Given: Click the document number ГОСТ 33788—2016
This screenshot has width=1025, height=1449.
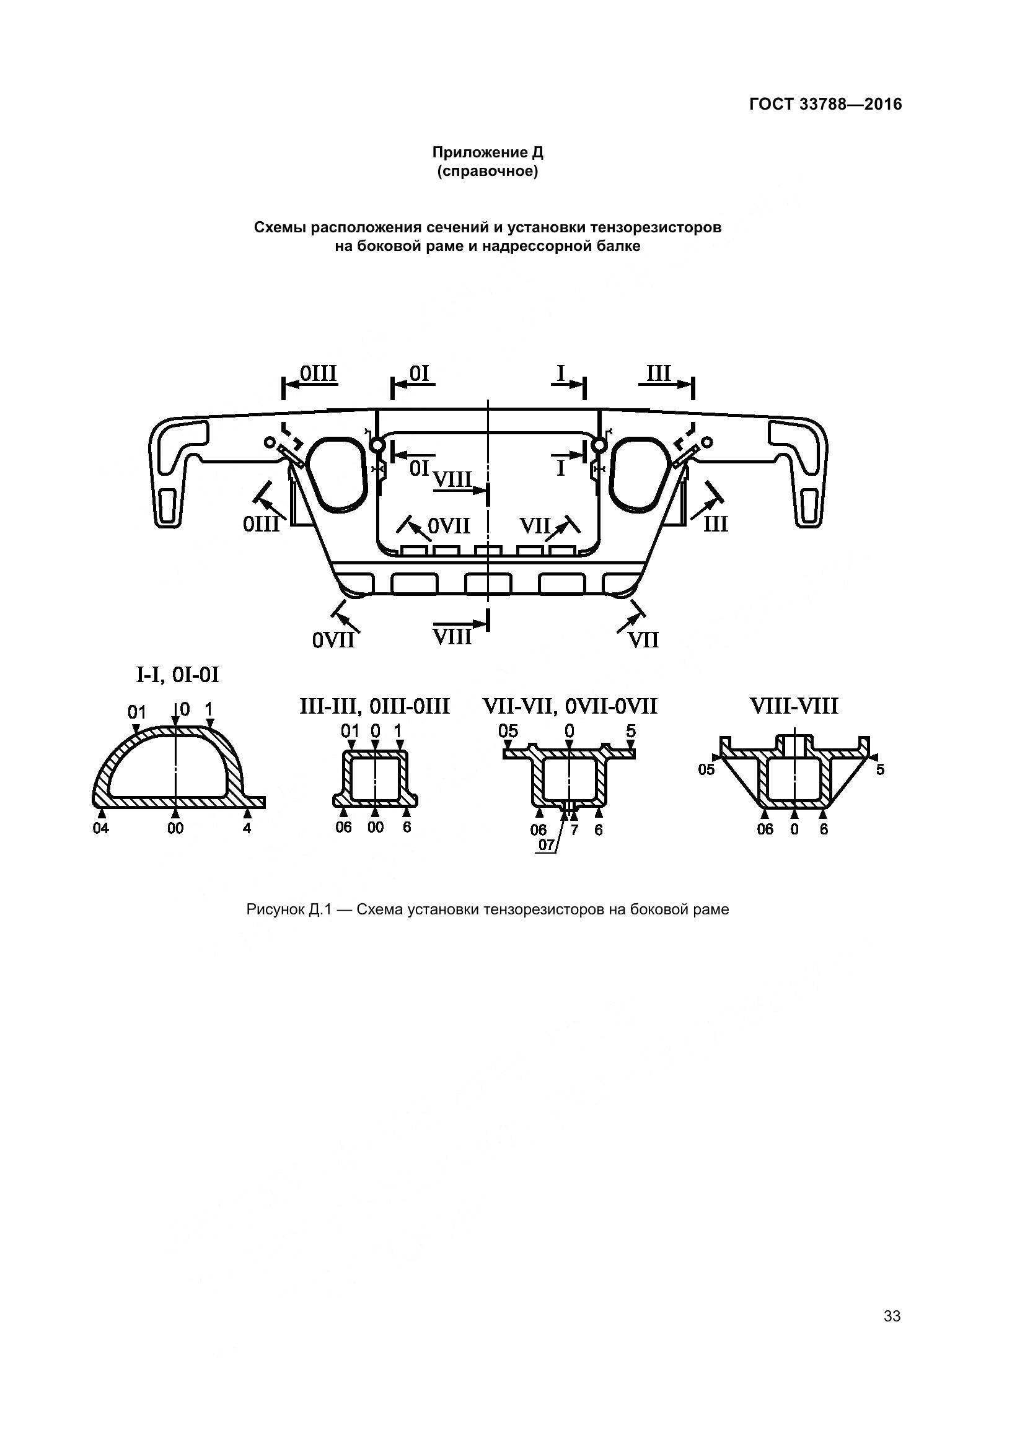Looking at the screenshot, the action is pyautogui.click(x=825, y=104).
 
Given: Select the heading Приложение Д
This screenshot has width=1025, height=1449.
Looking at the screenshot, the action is pyautogui.click(x=487, y=152).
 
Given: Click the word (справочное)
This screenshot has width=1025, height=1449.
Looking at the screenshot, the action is pyautogui.click(x=487, y=172).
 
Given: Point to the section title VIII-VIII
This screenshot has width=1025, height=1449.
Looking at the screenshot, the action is pyautogui.click(x=793, y=706).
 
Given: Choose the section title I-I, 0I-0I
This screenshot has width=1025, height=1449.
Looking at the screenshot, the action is pyautogui.click(x=177, y=675).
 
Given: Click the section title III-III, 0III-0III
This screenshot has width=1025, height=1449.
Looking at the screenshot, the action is pyautogui.click(x=374, y=706).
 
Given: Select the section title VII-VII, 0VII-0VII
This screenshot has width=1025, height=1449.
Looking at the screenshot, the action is pyautogui.click(x=570, y=706).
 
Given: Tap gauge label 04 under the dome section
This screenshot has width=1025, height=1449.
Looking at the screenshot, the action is pyautogui.click(x=101, y=828).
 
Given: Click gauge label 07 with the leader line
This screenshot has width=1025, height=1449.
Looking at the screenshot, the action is pyautogui.click(x=546, y=844).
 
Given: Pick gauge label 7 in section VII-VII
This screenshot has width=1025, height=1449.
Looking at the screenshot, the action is pyautogui.click(x=574, y=830).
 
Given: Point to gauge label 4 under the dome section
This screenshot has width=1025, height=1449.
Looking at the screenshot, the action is pyautogui.click(x=247, y=828).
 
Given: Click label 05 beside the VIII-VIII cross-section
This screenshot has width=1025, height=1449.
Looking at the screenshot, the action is pyautogui.click(x=706, y=769).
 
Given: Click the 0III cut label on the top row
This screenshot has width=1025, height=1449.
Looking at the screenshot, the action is pyautogui.click(x=318, y=374).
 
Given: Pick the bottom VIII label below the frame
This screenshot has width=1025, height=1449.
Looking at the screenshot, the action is pyautogui.click(x=452, y=636).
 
